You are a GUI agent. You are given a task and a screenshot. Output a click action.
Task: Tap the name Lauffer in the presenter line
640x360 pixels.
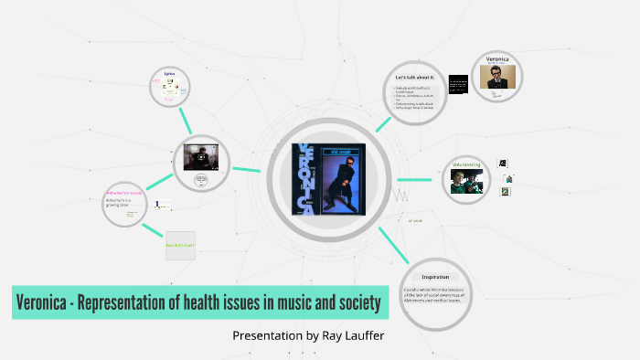coord(360,335)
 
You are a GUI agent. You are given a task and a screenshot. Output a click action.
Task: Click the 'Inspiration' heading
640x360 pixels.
coord(434,276)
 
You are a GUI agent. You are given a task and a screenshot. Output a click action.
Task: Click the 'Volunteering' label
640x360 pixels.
coord(466,166)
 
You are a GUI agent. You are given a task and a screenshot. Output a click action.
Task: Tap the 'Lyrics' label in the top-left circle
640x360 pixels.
coord(169,73)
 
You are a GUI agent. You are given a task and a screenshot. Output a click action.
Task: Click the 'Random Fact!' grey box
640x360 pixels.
coord(180,245)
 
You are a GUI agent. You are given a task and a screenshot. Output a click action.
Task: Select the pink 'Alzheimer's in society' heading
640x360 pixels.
coord(124,193)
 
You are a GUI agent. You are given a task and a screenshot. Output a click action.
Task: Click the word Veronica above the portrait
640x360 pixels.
coord(501,58)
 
